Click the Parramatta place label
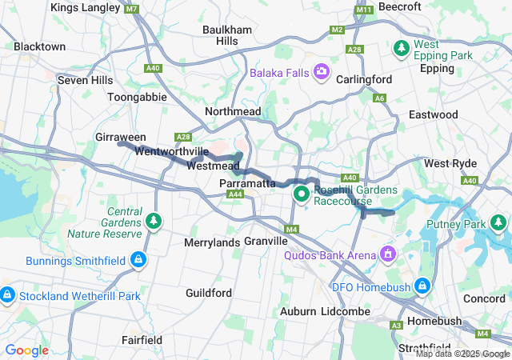click(x=247, y=183)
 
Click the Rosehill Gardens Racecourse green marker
click(x=302, y=194)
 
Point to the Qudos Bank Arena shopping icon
click(x=388, y=254)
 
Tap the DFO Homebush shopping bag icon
click(x=423, y=286)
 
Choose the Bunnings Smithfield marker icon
click(x=139, y=260)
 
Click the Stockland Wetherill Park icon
click(x=6, y=295)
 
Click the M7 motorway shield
click(x=132, y=9)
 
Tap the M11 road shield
click(x=365, y=10)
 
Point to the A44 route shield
click(x=235, y=194)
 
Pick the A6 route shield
click(x=379, y=98)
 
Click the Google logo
click(x=27, y=350)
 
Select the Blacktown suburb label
click(x=39, y=46)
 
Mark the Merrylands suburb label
click(x=212, y=242)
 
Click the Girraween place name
click(x=120, y=137)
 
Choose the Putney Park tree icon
click(x=499, y=222)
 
